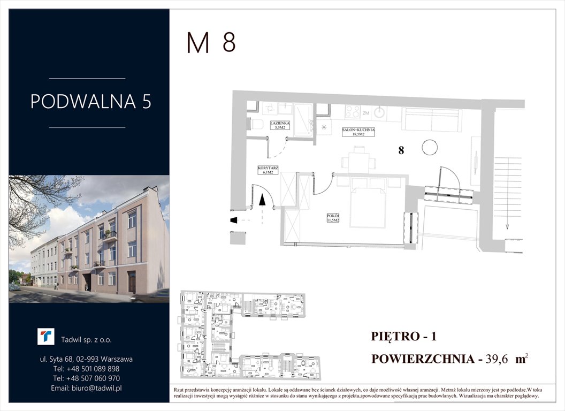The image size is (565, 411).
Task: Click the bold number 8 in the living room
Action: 401,151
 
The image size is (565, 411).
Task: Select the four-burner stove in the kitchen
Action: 353,112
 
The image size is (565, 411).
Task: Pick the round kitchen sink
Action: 380,112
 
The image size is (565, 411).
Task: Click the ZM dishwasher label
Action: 367,113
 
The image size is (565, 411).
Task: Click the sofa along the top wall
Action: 432,119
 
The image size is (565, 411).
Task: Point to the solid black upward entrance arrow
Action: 262,200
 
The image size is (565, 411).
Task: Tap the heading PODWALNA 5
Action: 90,102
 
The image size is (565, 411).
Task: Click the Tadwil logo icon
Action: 45,337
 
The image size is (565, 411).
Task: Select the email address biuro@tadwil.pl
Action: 86,388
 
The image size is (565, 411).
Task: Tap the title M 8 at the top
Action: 211,43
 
